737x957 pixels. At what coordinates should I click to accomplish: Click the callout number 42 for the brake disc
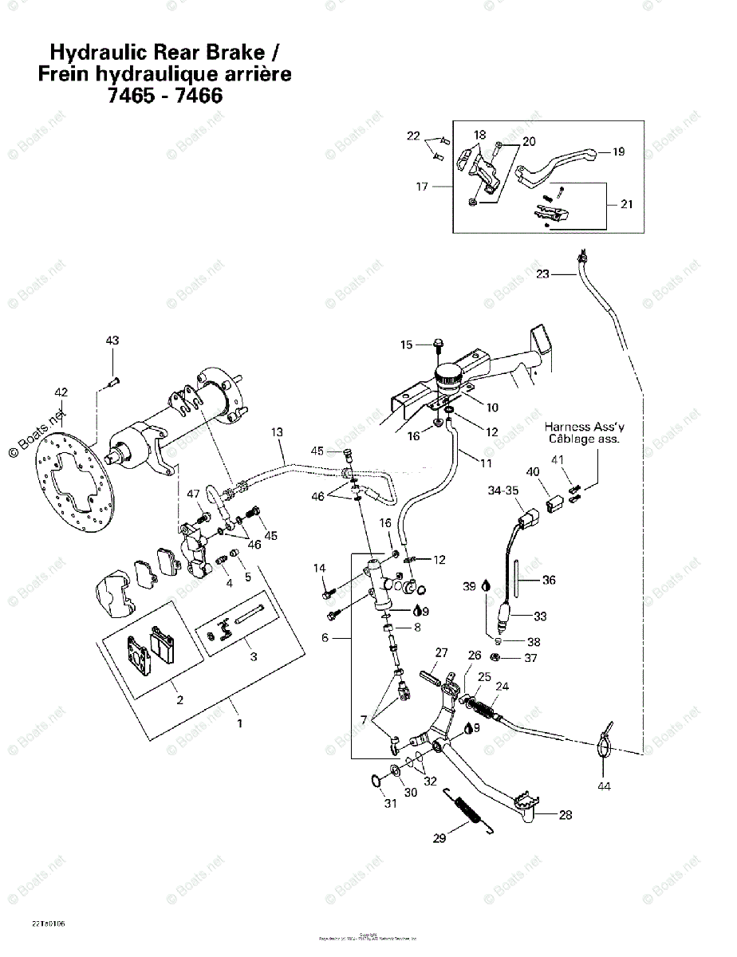61,392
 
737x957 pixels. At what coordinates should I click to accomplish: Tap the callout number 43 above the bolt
112,341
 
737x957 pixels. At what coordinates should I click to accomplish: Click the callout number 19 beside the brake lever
618,152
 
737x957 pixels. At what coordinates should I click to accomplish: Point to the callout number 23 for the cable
543,274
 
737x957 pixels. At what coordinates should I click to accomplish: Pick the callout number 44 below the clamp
603,786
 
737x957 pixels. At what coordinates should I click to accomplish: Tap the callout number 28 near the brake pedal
565,815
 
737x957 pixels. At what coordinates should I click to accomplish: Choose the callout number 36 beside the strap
549,581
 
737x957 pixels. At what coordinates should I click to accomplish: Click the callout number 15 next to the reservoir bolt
407,345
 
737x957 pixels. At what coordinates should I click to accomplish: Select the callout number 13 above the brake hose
277,431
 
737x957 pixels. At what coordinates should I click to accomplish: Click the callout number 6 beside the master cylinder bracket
325,638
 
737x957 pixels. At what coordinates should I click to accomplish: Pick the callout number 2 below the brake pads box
179,700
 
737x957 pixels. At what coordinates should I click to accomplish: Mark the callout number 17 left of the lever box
423,187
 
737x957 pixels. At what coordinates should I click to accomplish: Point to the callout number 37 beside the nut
530,658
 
